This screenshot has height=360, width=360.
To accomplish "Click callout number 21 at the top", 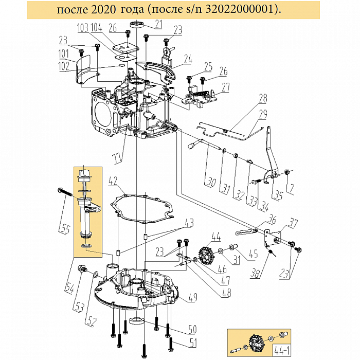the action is pyautogui.click(x=158, y=24).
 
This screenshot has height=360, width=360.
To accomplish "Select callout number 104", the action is pyautogui.click(x=96, y=28).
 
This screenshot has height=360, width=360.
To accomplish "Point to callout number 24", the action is pyautogui.click(x=188, y=59).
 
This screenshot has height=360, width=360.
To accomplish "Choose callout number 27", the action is pyautogui.click(x=226, y=87).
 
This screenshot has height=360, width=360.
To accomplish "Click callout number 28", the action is pyautogui.click(x=263, y=98).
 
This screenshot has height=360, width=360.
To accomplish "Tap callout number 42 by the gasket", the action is pyautogui.click(x=113, y=181).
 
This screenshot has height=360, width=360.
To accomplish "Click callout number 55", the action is pyautogui.click(x=65, y=229).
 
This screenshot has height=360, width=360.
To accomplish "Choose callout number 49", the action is pyautogui.click(x=193, y=297).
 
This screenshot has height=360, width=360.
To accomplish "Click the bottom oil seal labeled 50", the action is pyautogui.click(x=137, y=320).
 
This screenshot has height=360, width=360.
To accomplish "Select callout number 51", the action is pyautogui.click(x=193, y=343).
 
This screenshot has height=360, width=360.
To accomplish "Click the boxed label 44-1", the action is pyautogui.click(x=281, y=351).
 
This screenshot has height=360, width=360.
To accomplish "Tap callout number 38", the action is pyautogui.click(x=256, y=274).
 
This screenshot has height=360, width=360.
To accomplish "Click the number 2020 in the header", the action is pyautogui.click(x=103, y=10).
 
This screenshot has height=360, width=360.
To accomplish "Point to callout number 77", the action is pyautogui.click(x=118, y=159).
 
